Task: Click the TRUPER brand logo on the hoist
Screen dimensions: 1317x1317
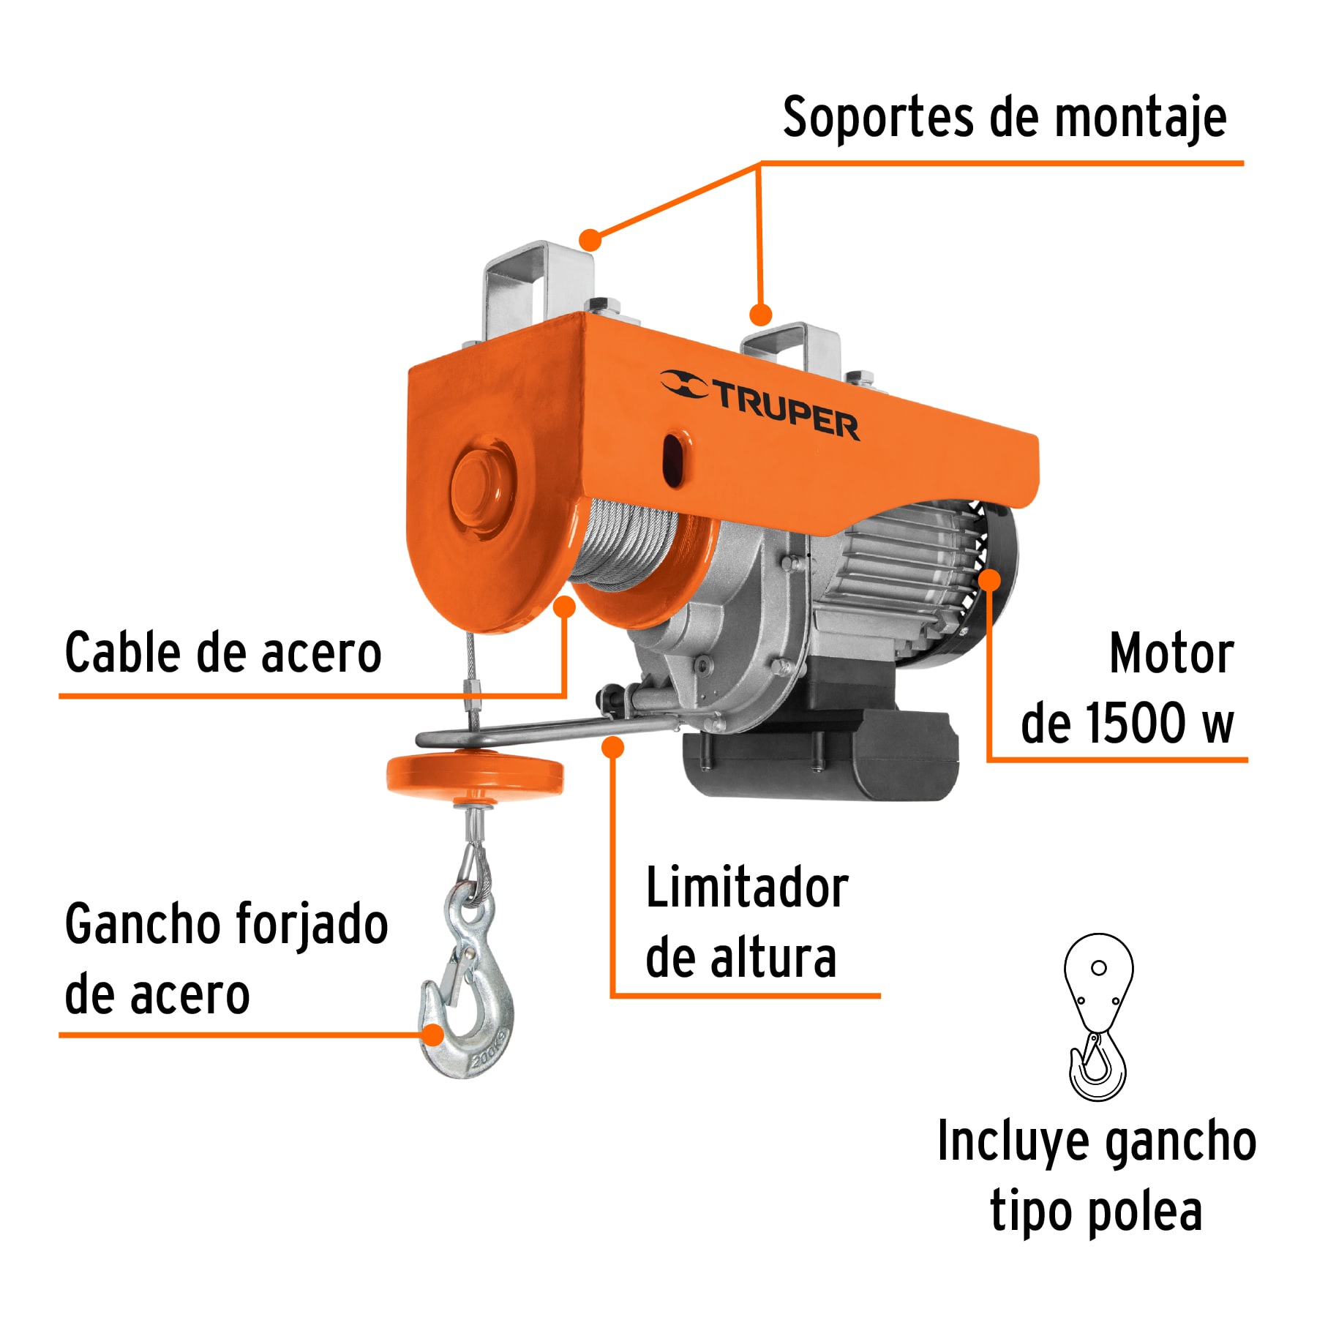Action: click(761, 406)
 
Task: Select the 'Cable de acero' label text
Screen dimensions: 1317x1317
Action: click(223, 653)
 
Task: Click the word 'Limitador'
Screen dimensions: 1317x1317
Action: click(747, 888)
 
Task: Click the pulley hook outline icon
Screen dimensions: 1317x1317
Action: click(1097, 1017)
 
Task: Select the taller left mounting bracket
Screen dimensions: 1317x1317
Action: click(538, 289)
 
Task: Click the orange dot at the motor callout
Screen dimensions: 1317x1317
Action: click(989, 580)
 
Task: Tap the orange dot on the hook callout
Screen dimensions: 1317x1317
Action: click(433, 1035)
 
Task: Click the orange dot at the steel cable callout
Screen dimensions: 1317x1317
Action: click(565, 607)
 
